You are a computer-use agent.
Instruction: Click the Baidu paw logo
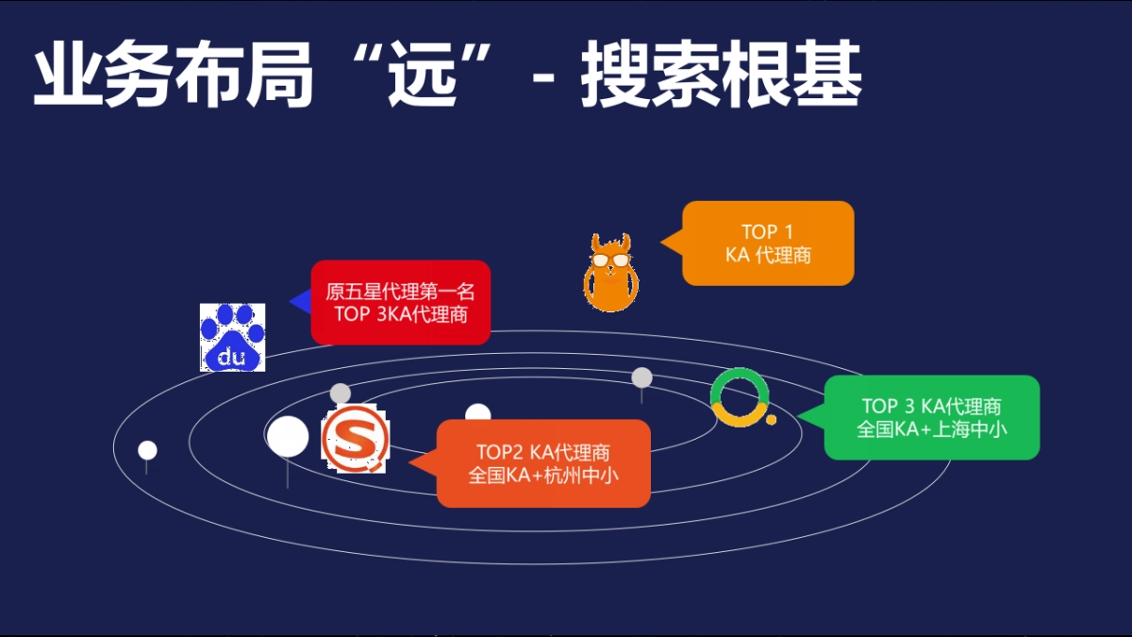[x=232, y=337]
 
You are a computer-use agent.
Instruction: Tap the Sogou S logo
[x=355, y=439]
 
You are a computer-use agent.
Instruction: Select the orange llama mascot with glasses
[x=609, y=273]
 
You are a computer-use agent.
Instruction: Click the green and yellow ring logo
[x=740, y=396]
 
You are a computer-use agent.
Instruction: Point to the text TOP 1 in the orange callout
[x=767, y=232]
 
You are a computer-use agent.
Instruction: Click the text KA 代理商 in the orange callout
[x=767, y=255]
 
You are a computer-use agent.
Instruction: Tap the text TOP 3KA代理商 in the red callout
[x=400, y=315]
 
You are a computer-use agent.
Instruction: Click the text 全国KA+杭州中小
[x=543, y=476]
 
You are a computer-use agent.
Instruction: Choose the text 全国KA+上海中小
[x=931, y=429]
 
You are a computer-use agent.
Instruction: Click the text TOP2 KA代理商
[x=543, y=452]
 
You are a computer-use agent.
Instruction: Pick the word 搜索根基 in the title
[x=721, y=75]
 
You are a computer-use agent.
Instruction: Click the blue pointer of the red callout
[x=301, y=302]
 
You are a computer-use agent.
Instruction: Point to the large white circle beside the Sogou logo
[x=288, y=436]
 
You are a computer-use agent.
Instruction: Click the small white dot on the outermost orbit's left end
[x=147, y=450]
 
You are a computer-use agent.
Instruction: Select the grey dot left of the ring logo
[x=641, y=377]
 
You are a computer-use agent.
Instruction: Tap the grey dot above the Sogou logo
[x=341, y=393]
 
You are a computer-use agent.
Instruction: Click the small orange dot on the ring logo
[x=771, y=419]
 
